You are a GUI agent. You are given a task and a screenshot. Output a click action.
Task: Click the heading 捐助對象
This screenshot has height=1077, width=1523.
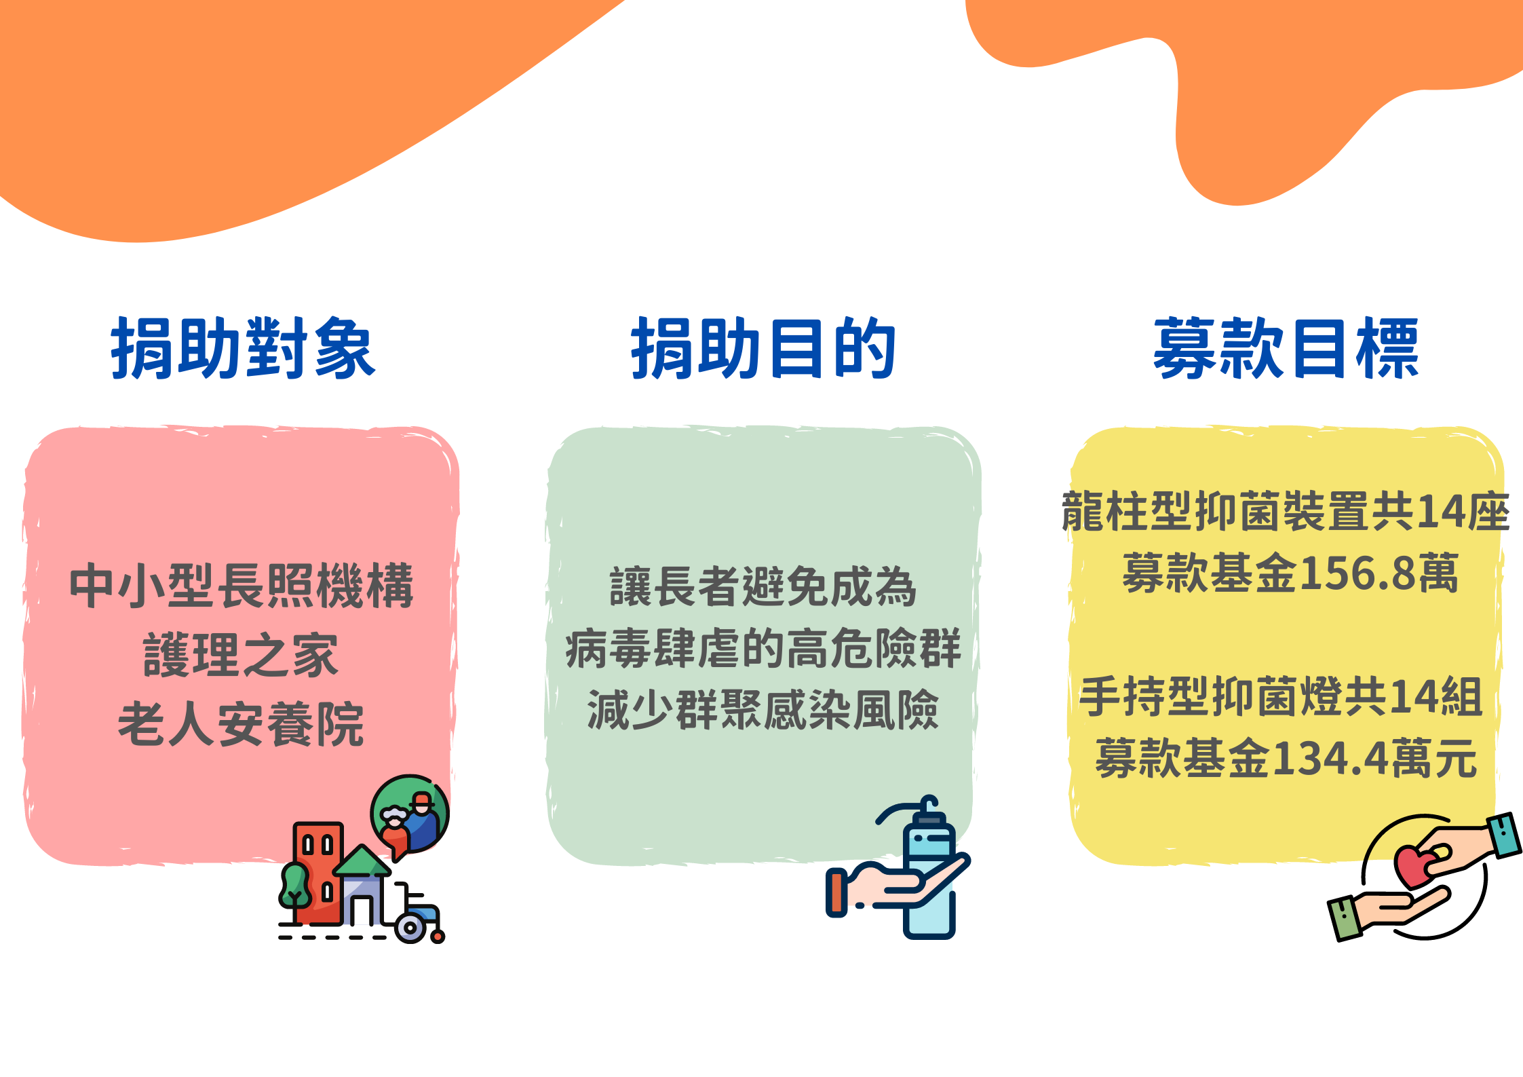coord(243,348)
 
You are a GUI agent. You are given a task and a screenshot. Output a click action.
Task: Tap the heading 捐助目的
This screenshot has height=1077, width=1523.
coord(763,348)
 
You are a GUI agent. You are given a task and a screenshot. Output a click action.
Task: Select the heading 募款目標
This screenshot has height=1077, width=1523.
coord(1286,348)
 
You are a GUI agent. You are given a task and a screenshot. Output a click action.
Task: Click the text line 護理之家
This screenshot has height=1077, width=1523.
coord(241,655)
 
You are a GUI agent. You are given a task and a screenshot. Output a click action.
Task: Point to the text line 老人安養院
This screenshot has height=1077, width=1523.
coord(241,724)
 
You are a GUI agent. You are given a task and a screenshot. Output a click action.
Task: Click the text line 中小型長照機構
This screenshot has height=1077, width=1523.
coord(242,586)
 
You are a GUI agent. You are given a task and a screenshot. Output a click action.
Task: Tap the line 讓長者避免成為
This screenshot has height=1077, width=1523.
coord(763,586)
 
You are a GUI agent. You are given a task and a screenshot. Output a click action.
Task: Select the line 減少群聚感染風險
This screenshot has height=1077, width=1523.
coord(763,710)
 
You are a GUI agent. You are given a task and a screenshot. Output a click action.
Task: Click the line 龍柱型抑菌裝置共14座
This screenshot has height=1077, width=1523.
coord(1286,511)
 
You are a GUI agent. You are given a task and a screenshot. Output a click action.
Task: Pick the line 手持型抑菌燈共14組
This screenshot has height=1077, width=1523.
coord(1281,696)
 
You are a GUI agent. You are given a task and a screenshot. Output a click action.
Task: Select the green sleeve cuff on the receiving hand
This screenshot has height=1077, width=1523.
coord(1345,918)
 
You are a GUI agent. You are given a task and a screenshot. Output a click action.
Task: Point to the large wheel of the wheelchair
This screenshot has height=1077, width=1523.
coord(410,928)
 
